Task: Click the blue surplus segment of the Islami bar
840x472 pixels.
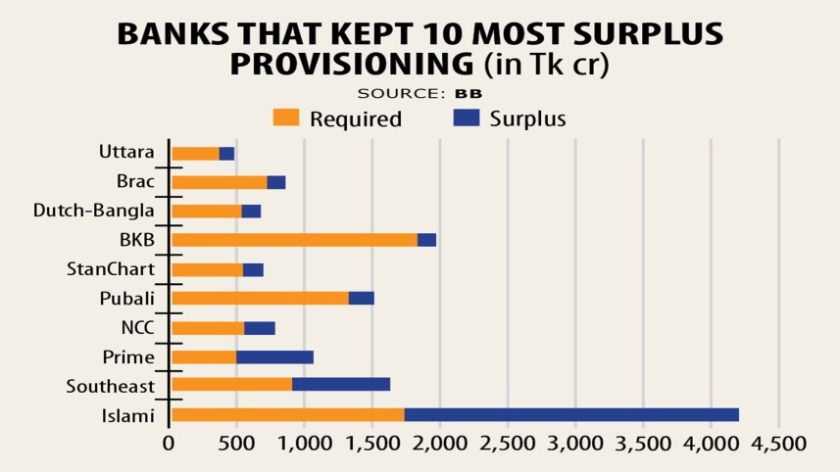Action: [570, 415]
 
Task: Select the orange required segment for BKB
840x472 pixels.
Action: [294, 240]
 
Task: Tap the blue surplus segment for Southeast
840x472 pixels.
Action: [340, 385]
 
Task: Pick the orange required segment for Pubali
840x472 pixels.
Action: [260, 299]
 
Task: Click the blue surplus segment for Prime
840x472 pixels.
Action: [274, 356]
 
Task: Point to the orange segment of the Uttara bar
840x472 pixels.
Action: [195, 154]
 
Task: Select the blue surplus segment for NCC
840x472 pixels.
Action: [259, 328]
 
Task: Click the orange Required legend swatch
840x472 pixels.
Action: [285, 118]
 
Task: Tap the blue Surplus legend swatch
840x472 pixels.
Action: [467, 118]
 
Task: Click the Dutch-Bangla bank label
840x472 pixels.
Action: [94, 211]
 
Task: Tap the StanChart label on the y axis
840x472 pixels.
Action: [111, 269]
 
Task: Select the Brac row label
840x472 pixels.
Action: [135, 181]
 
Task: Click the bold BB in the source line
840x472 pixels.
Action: [469, 93]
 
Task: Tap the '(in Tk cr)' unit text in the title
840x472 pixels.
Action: [546, 65]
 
